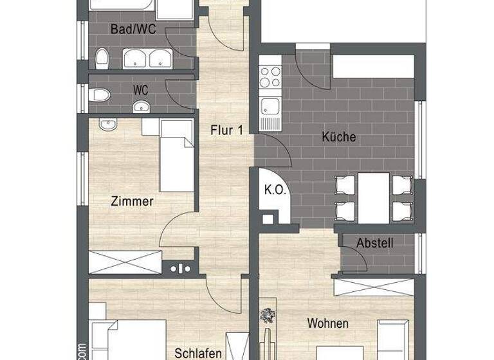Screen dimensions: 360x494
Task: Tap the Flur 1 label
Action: click(226, 130)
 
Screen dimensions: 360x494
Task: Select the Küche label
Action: click(339, 137)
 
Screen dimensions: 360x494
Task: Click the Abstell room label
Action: click(375, 243)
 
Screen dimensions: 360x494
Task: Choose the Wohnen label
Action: click(327, 323)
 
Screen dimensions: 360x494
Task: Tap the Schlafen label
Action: click(198, 353)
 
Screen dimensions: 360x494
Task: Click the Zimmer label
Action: click(132, 201)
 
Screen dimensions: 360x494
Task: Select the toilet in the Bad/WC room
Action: click(102, 59)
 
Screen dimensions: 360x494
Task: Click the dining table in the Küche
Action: click(374, 196)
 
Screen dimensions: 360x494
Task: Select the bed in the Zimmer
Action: click(175, 155)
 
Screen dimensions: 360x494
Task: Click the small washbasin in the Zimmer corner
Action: click(107, 123)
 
